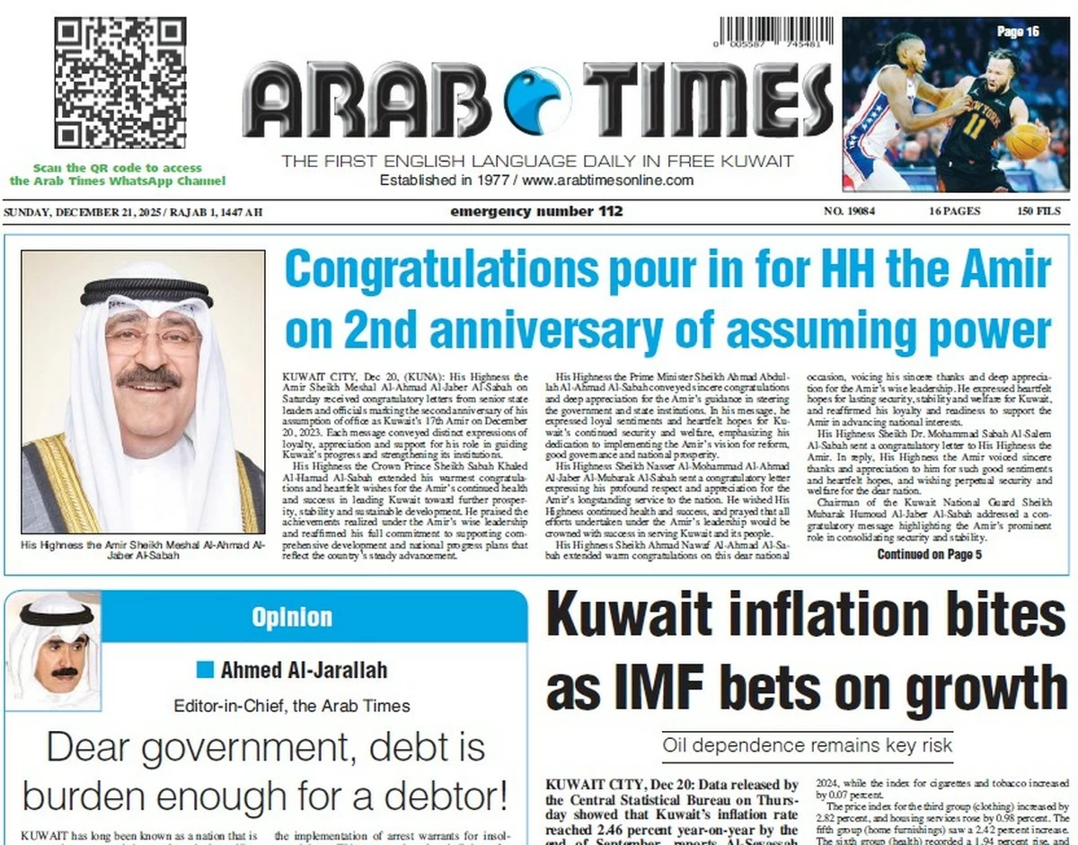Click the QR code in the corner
click(x=119, y=82)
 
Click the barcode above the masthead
click(x=769, y=32)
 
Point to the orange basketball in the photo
click(x=1026, y=141)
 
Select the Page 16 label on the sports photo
click(x=1018, y=31)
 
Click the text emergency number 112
click(x=536, y=212)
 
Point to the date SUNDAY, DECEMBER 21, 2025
click(x=80, y=213)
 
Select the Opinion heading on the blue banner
click(x=292, y=617)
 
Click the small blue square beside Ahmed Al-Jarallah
click(x=206, y=669)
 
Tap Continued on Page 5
click(x=929, y=554)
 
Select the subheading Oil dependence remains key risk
click(x=807, y=744)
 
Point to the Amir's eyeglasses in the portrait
click(x=153, y=339)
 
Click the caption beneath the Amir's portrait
click(x=143, y=550)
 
